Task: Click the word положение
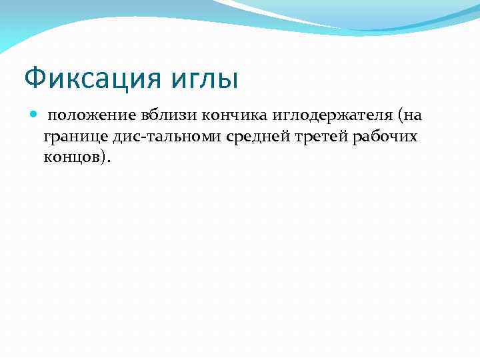tap(92, 116)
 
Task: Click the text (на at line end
tap(408, 116)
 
